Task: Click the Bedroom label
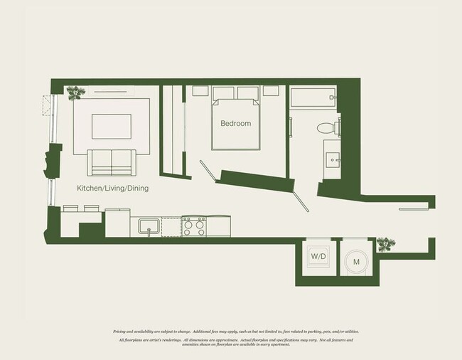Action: click(235, 124)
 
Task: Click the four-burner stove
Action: click(193, 227)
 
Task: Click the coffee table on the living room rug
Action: click(110, 126)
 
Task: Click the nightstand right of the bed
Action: click(271, 92)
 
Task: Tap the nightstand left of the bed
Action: click(200, 92)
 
